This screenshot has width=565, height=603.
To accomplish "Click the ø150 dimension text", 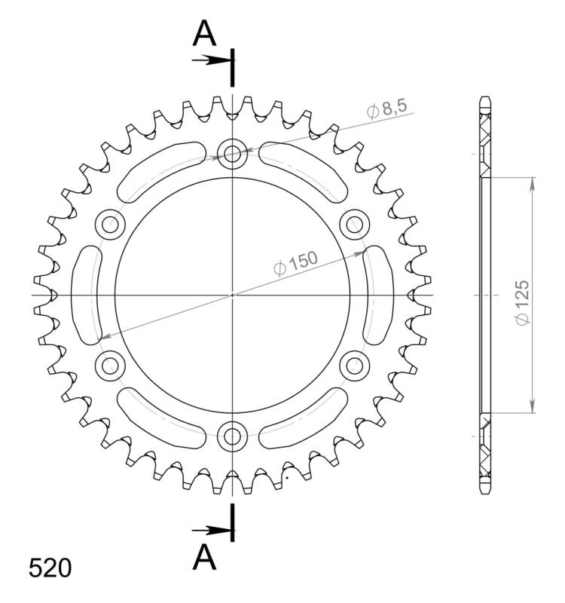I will [295, 262].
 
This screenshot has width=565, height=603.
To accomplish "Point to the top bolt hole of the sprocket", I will [233, 155].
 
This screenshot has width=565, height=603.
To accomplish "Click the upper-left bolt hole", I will [111, 223].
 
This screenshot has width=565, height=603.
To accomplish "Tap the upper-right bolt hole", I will [353, 223].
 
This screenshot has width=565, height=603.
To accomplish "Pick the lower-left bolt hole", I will [111, 366].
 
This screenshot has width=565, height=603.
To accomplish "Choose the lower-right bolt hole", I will [353, 366].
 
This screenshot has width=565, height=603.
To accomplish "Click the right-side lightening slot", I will [376, 295].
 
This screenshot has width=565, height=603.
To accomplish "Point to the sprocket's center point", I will [233, 295].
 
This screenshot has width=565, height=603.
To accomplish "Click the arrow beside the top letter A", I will [211, 59].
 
